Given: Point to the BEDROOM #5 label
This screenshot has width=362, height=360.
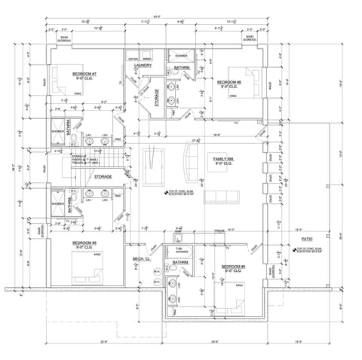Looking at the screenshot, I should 232,267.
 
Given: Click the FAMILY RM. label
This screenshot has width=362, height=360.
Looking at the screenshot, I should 224,160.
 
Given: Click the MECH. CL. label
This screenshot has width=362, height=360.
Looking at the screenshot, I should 143,259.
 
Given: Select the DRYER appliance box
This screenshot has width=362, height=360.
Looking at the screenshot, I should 133,57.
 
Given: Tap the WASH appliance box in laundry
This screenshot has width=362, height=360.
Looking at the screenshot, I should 148,57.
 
